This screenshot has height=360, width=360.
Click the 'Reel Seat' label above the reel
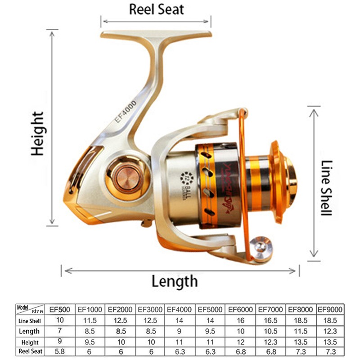coord(156,9)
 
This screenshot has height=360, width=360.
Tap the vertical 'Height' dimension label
coord(38,134)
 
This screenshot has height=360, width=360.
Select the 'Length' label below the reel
coord(174,282)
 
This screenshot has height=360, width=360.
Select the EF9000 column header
coord(330,310)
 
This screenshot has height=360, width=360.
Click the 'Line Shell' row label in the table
coord(30,321)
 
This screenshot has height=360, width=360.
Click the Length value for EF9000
coord(330,331)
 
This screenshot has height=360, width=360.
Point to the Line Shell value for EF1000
coord(89,320)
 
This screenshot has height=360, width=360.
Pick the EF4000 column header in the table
coord(180,310)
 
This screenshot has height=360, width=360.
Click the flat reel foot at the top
coord(156,35)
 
